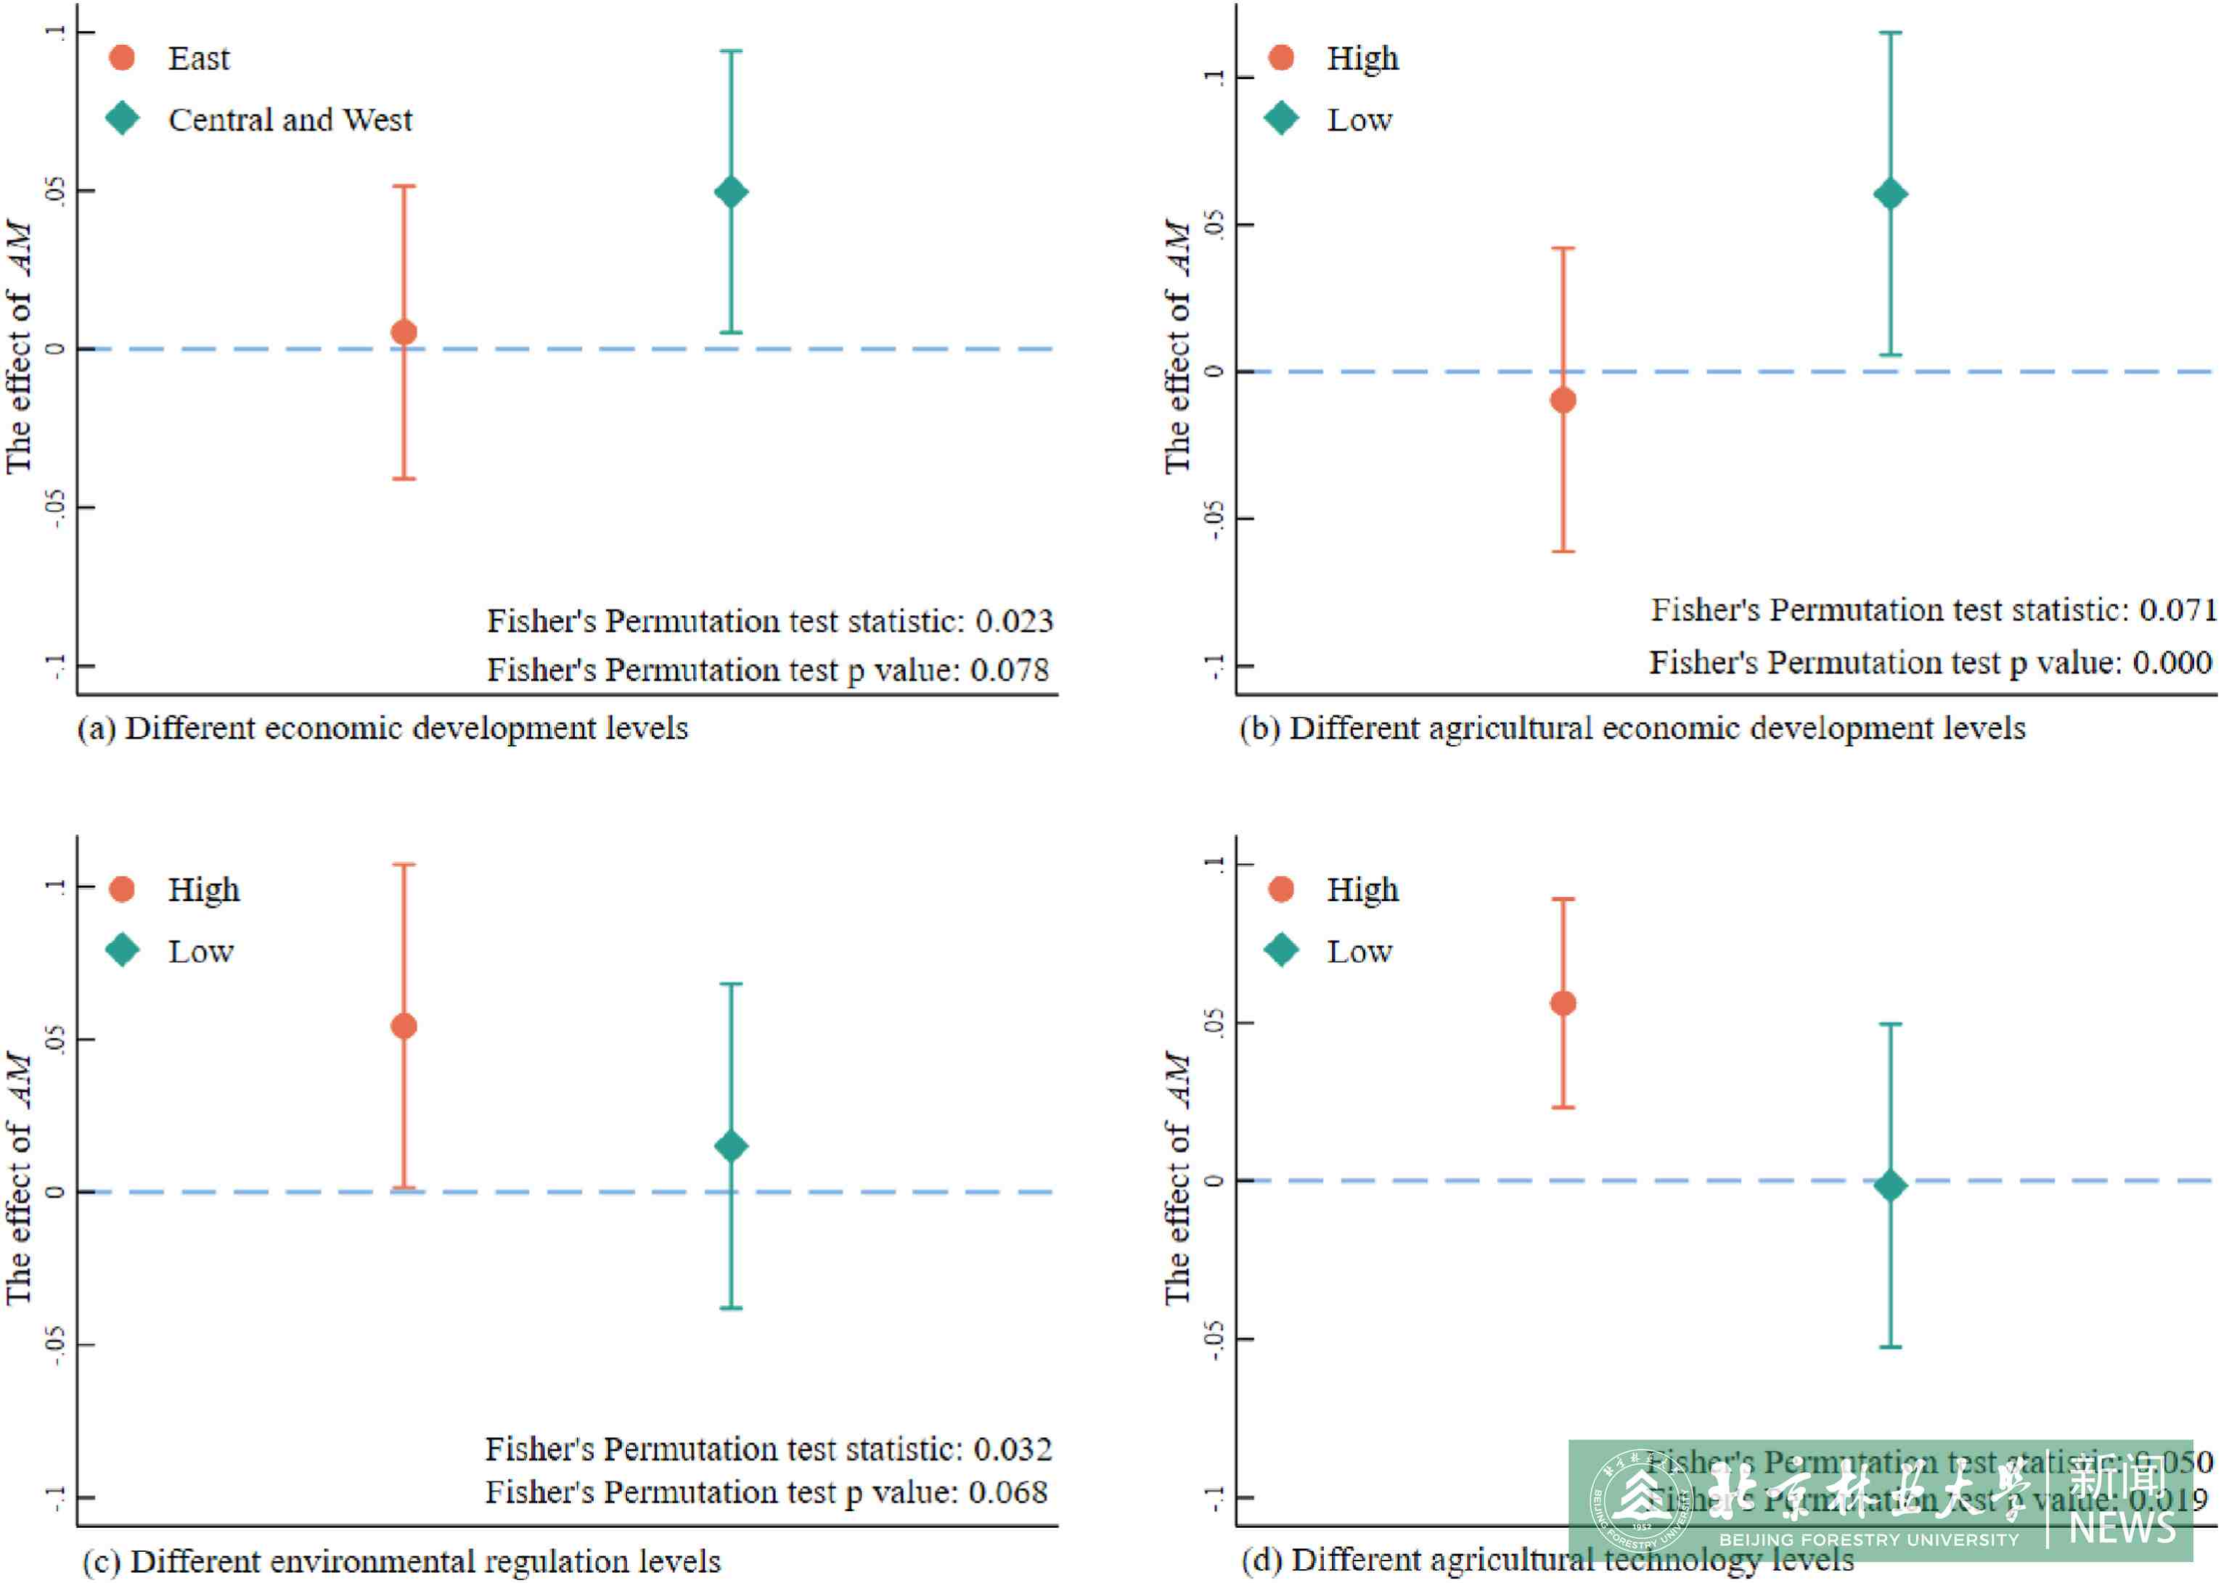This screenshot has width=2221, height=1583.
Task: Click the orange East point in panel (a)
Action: pos(404,332)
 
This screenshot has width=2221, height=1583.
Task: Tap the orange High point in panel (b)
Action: pos(1563,400)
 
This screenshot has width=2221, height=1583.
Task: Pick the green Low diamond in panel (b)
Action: pos(1891,194)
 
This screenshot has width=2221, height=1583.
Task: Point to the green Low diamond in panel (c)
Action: pos(731,1146)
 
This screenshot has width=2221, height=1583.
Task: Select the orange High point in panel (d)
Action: pos(1563,1003)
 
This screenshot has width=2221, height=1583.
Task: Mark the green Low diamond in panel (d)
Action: pos(1891,1186)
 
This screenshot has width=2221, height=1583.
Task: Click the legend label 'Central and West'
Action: pos(290,120)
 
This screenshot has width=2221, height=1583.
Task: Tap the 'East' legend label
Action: pos(199,59)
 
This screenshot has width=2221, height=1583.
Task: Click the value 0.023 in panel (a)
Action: pos(1014,621)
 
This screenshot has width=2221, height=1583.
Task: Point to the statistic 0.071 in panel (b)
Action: pos(2177,610)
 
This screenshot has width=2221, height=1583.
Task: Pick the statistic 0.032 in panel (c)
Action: pos(1013,1450)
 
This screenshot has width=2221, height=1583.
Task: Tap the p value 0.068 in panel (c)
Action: pos(1008,1492)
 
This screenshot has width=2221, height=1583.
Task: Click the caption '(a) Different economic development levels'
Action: pos(383,728)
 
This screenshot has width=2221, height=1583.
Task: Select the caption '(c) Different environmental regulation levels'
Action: pos(401,1561)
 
